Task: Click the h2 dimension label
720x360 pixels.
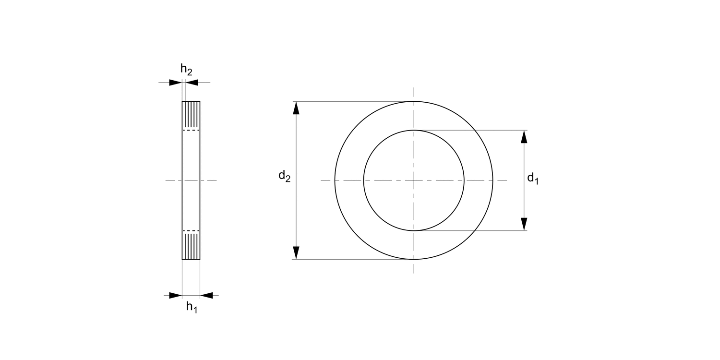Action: pyautogui.click(x=186, y=70)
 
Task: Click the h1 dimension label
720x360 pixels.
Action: pyautogui.click(x=192, y=308)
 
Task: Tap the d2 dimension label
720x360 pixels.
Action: pyautogui.click(x=284, y=176)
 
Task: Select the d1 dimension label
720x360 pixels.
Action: pyautogui.click(x=533, y=179)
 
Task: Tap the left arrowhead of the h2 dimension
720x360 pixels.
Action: pyautogui.click(x=176, y=83)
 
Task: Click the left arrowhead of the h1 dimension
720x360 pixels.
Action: pyautogui.click(x=175, y=295)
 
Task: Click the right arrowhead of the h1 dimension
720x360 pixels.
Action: pyautogui.click(x=206, y=295)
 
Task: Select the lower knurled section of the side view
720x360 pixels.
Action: pyautogui.click(x=191, y=246)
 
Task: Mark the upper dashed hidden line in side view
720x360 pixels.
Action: pyautogui.click(x=191, y=130)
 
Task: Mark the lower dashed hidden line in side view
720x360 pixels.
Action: pyautogui.click(x=191, y=231)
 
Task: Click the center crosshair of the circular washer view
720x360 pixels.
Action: pyautogui.click(x=414, y=180)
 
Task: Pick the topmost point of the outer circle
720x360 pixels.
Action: pyautogui.click(x=414, y=101)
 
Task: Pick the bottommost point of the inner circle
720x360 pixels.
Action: pyautogui.click(x=414, y=231)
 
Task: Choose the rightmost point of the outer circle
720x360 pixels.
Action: pyautogui.click(x=493, y=180)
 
